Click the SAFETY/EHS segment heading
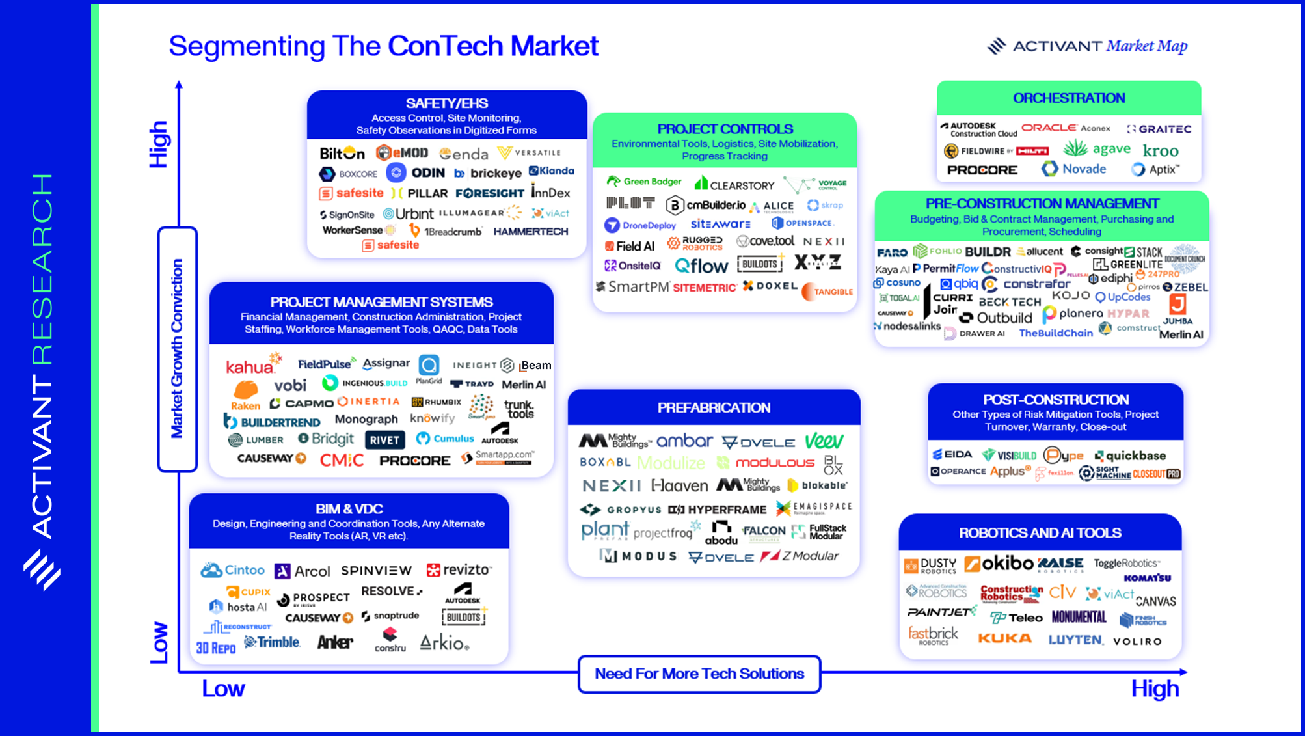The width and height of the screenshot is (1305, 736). tap(446, 103)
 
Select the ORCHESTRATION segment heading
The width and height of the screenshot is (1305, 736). tap(1068, 98)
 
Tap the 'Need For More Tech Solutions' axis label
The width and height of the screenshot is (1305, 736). tap(699, 674)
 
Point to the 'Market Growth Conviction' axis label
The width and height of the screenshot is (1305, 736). tap(177, 348)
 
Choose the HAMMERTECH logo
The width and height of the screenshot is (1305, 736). tap(530, 231)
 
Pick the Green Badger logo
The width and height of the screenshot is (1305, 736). tap(644, 182)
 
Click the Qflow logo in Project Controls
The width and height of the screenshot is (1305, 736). tap(701, 266)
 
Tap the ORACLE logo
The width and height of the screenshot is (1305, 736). tap(1049, 128)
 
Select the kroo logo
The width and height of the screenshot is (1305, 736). tap(1161, 151)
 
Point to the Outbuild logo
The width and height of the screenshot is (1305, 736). tap(997, 318)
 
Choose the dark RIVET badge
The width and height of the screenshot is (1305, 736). tap(384, 440)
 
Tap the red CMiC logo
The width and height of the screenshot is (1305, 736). tap(342, 460)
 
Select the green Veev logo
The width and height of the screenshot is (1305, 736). tap(824, 441)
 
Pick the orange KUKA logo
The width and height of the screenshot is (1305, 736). tap(1004, 638)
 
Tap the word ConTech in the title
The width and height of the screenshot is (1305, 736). tap(445, 46)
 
